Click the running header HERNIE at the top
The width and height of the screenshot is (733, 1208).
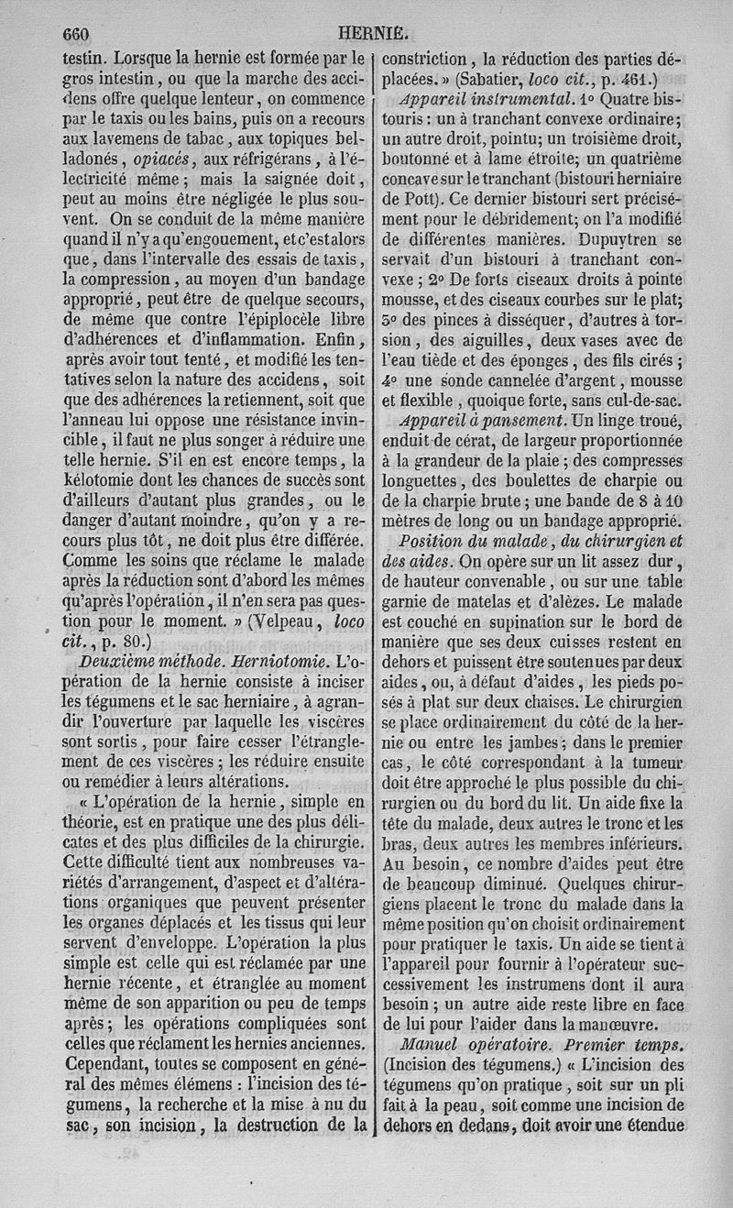click(x=373, y=34)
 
